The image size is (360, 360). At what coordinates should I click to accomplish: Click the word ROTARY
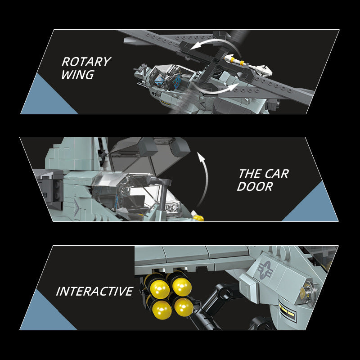(86, 62)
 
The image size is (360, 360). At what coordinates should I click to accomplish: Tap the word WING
(77, 75)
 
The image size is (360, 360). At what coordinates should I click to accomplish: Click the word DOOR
(255, 186)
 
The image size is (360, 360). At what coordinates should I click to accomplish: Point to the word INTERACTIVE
(94, 291)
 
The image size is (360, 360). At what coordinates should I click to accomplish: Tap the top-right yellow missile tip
(182, 286)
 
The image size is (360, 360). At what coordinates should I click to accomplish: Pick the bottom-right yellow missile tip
(184, 307)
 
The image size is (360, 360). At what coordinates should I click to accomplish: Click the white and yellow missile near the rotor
(248, 65)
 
